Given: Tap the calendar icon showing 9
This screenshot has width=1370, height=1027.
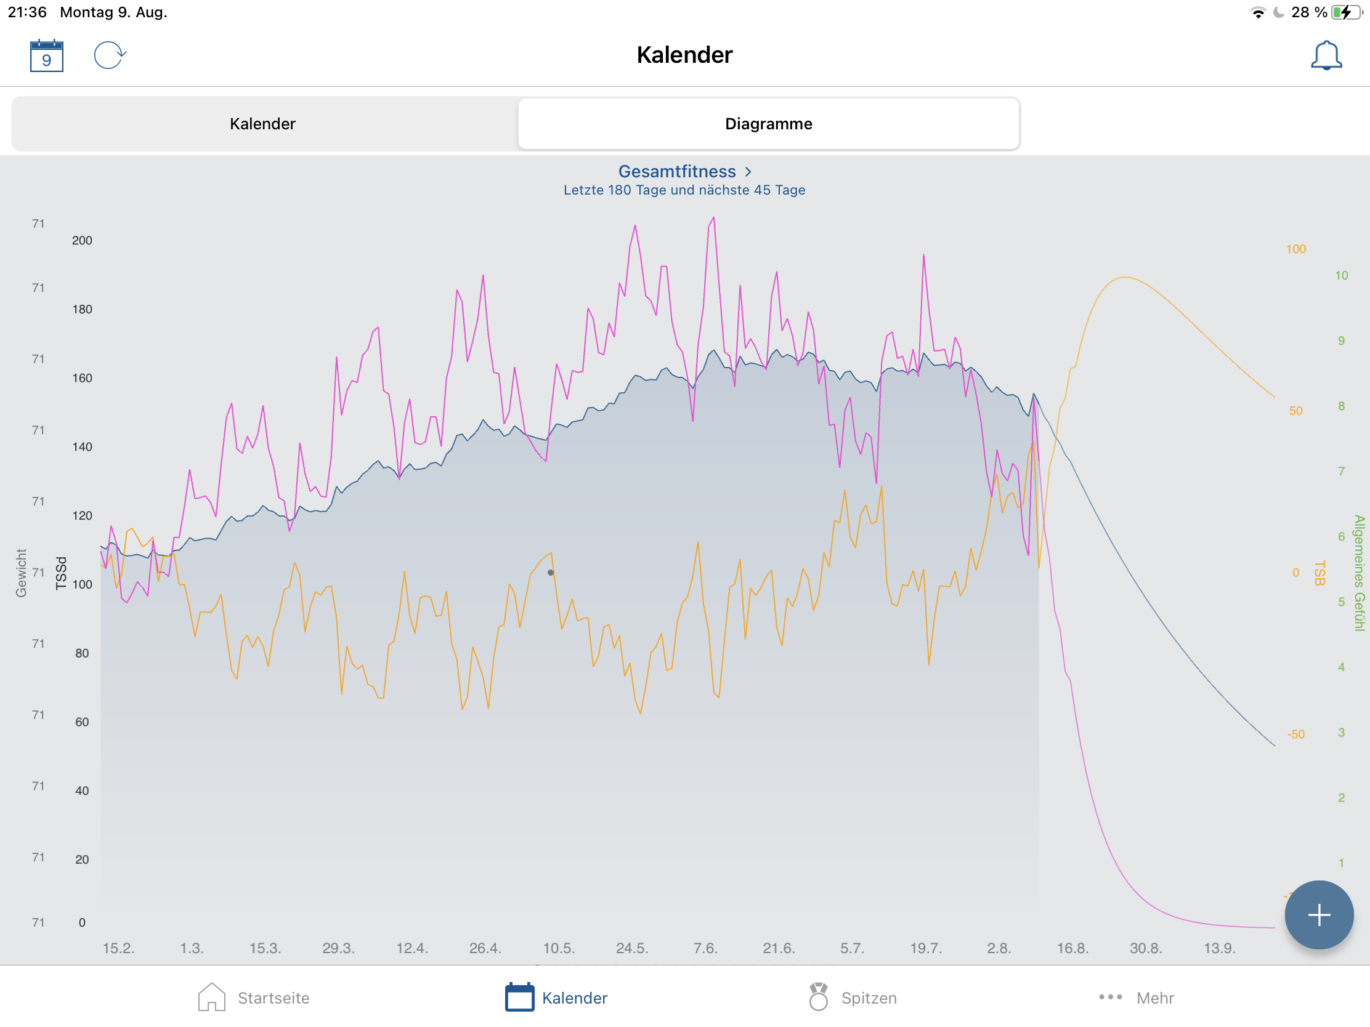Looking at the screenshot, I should tap(46, 55).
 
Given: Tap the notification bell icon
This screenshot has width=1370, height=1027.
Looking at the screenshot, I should tap(1326, 55).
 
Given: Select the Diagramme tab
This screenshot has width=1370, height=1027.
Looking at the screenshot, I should tap(768, 124).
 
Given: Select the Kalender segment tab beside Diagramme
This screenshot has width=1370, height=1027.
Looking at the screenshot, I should tap(262, 124).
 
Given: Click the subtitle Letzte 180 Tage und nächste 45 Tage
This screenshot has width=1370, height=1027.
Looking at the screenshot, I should tap(684, 190).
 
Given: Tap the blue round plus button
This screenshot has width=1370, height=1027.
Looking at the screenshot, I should tap(1318, 914).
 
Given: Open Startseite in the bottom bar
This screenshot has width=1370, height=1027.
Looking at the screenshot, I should tap(254, 997).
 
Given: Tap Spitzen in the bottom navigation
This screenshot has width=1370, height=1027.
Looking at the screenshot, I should tap(853, 997).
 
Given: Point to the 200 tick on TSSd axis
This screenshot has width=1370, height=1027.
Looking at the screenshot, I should tap(82, 241).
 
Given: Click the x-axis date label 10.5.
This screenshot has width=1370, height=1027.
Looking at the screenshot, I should tap(559, 948).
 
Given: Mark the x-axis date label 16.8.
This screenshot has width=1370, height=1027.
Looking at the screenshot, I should tap(1072, 948).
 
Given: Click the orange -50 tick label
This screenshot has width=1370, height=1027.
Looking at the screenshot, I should tap(1295, 734).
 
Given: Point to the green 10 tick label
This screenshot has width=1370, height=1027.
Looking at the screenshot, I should tap(1341, 275).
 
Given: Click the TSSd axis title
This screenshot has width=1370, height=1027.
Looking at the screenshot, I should tap(61, 573).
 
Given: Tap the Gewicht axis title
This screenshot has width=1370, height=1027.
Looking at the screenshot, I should tap(21, 573).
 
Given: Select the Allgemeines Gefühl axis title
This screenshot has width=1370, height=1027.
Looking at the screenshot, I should tap(1359, 573).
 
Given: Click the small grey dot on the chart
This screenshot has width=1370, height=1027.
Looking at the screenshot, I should tap(551, 573).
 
